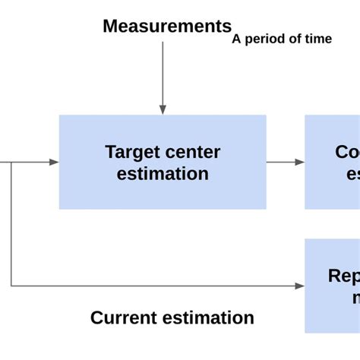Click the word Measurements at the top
click(x=167, y=27)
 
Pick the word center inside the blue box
click(x=193, y=152)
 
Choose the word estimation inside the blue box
click(x=163, y=173)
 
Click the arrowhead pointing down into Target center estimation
click(x=163, y=109)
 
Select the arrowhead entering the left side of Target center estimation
click(x=54, y=162)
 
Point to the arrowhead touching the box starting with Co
click(x=300, y=162)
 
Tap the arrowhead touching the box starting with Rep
click(x=300, y=286)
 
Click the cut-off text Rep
click(x=343, y=276)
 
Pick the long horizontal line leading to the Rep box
click(x=152, y=286)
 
